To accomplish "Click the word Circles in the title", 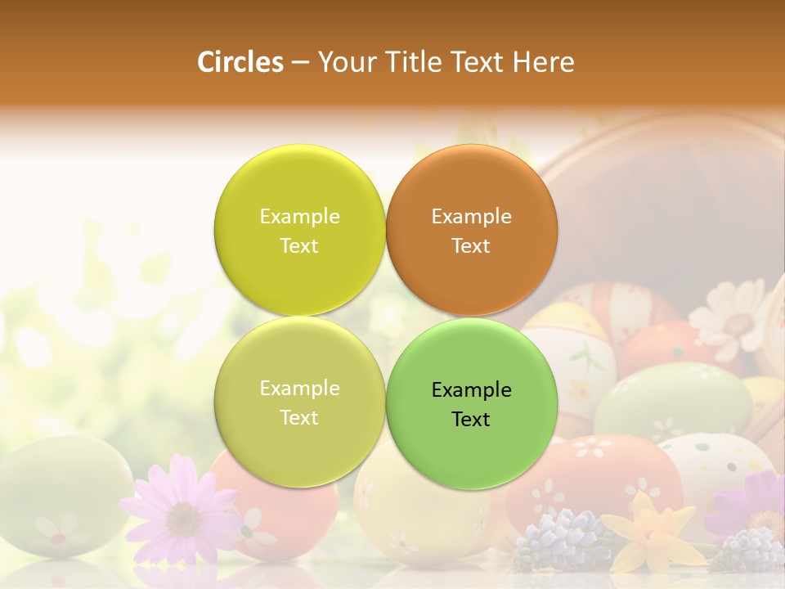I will coord(240,62).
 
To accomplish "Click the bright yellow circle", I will coord(299,230).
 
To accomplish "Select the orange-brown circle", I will coord(472,230).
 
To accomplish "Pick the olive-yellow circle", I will coord(299,402).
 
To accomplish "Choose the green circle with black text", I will coord(472,402).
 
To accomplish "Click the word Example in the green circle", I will coord(471,389).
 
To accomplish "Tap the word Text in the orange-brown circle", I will coord(471,245).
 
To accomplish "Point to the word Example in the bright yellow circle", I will coord(299,216).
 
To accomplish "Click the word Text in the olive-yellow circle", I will coord(299,417).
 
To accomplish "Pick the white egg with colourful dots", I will coord(711,458).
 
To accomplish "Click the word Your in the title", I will coord(343,62).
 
